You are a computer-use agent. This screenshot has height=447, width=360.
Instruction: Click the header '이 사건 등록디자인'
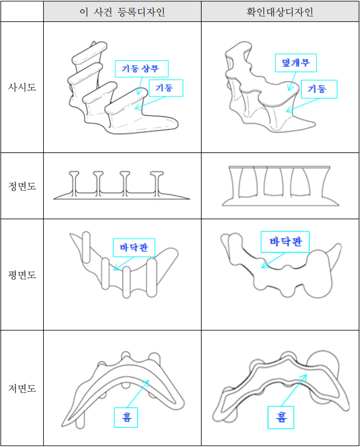(x=122, y=12)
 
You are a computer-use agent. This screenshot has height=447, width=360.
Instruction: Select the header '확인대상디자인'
(x=280, y=12)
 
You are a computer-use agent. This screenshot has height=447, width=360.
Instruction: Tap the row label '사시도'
(x=22, y=87)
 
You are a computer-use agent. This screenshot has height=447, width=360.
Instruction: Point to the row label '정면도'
(x=22, y=186)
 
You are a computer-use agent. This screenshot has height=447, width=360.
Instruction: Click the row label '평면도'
(x=22, y=275)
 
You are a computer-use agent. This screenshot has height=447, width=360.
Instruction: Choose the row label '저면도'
(x=22, y=388)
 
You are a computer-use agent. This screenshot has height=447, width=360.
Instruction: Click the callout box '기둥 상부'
(x=141, y=69)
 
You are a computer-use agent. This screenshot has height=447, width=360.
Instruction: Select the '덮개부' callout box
(x=296, y=63)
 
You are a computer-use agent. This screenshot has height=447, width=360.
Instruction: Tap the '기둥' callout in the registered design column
(x=166, y=88)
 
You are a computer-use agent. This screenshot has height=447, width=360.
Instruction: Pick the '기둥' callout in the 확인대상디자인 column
(x=319, y=89)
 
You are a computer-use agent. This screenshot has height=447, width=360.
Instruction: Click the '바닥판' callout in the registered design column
(x=134, y=247)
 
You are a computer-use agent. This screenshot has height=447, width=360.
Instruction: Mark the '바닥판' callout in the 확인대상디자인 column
(x=285, y=242)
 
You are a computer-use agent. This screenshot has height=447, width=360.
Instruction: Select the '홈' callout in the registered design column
(x=126, y=417)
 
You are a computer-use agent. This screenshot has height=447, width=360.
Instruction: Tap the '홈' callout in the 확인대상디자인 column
(x=280, y=417)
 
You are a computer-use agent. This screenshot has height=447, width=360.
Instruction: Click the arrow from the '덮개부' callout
(x=292, y=81)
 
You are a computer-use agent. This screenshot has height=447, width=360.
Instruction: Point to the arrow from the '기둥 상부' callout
(x=140, y=86)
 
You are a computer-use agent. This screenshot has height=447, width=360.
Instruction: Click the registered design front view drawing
(x=121, y=185)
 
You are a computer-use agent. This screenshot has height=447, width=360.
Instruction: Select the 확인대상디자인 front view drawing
(x=280, y=186)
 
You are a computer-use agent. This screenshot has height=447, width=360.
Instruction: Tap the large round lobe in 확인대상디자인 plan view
(x=318, y=275)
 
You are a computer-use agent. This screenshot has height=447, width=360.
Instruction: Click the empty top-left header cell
(x=22, y=12)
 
